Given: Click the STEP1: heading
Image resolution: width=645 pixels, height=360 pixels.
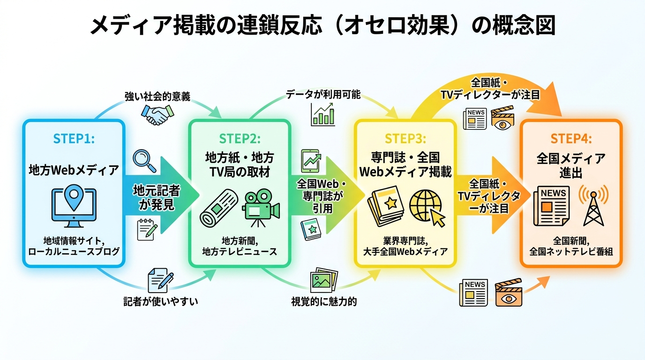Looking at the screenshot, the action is (x=74, y=139).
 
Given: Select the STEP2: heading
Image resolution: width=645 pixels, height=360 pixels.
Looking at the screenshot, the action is (x=240, y=139).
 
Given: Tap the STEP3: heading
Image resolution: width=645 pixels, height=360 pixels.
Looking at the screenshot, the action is (x=405, y=139).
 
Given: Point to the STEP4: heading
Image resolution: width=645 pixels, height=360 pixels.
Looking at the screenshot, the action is (x=571, y=139).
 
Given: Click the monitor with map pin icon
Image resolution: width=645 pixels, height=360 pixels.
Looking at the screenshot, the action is (x=74, y=206).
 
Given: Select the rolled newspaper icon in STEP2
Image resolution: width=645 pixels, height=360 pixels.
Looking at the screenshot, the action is (x=219, y=208).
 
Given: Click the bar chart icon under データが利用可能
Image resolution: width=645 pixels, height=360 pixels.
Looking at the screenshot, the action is (x=323, y=114).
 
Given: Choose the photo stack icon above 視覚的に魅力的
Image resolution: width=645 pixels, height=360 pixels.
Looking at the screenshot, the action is (x=324, y=280).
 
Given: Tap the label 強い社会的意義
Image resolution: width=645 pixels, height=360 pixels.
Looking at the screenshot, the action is (x=157, y=97).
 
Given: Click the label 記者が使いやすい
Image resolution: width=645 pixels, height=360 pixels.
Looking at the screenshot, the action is (x=161, y=301).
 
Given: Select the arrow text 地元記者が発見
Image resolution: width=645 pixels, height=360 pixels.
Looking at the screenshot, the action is (x=157, y=197).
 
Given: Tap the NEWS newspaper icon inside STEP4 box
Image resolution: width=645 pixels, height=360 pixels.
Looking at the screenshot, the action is (x=551, y=206).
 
